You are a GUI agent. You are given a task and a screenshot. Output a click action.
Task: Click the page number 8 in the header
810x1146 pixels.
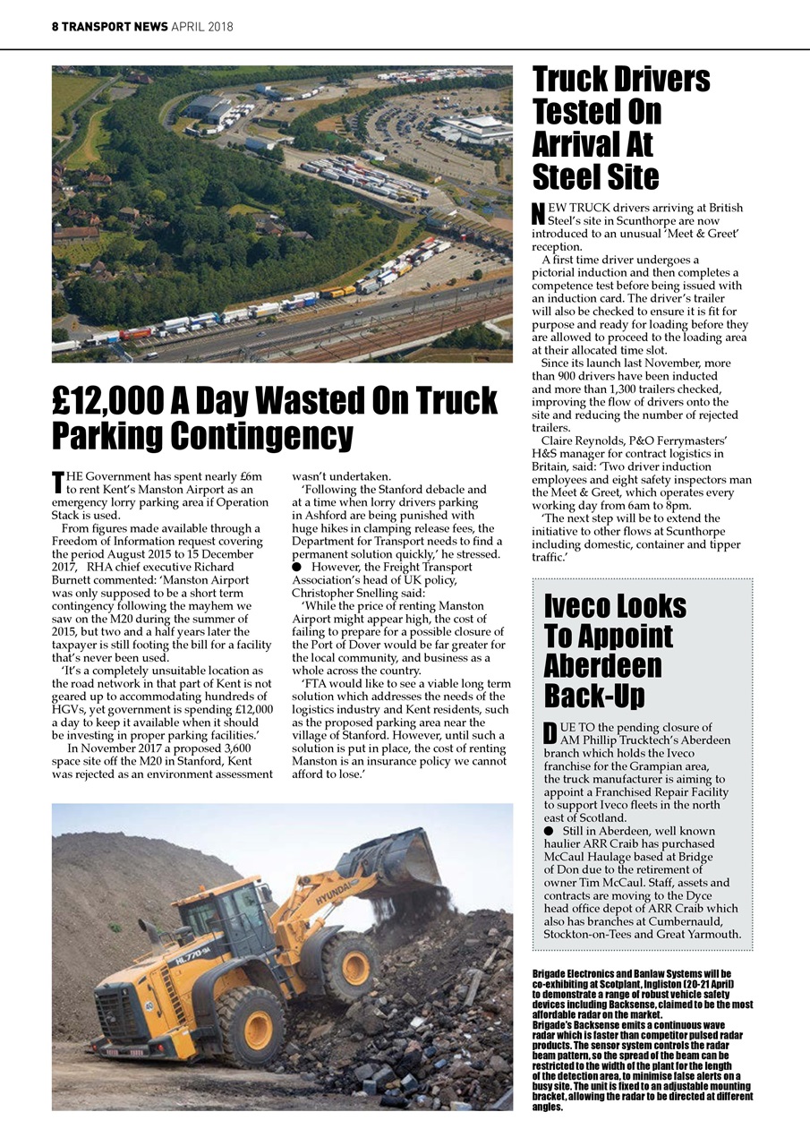point(55,27)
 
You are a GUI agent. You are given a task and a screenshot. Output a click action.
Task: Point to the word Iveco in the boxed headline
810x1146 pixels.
point(583,606)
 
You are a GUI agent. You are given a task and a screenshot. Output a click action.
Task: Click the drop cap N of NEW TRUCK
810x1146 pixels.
point(538,214)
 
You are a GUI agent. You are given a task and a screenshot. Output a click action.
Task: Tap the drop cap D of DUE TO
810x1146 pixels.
point(550,732)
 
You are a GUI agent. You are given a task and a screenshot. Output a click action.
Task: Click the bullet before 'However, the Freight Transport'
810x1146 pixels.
point(297,568)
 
